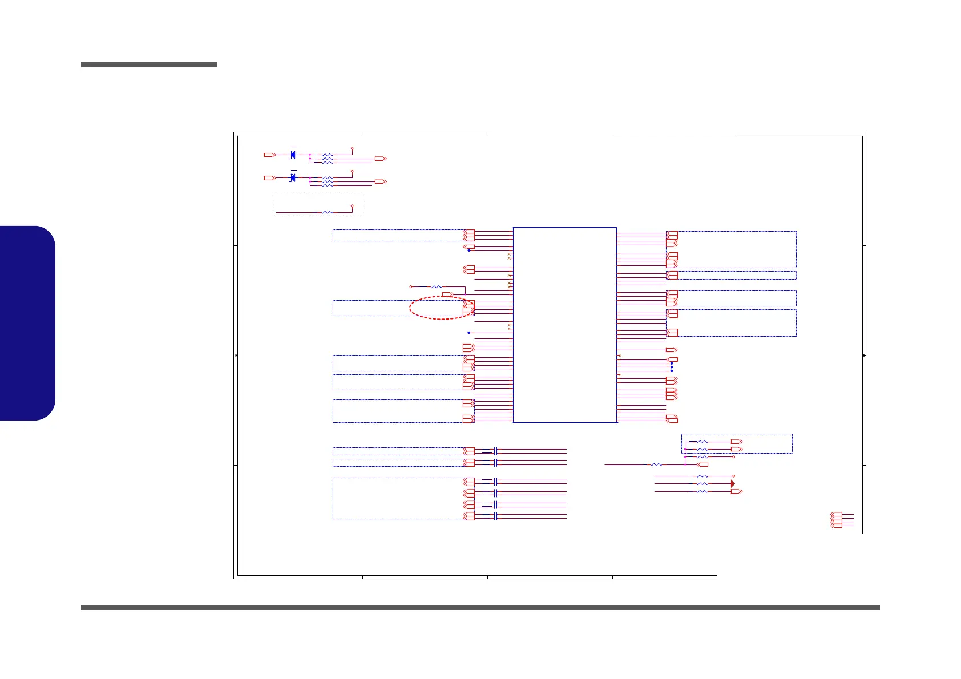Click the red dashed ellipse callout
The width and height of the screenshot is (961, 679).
[x=441, y=308]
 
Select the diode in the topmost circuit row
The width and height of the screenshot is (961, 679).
[x=293, y=155]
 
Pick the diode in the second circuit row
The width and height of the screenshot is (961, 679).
[x=293, y=177]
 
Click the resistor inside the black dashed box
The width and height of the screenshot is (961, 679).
[x=328, y=212]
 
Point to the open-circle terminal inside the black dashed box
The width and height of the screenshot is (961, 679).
[x=352, y=205]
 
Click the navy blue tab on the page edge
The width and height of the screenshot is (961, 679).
[x=27, y=323]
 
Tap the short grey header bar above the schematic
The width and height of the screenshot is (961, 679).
[x=149, y=64]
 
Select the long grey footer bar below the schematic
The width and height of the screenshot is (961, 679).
[x=480, y=608]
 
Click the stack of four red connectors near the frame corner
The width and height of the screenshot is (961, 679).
[x=836, y=520]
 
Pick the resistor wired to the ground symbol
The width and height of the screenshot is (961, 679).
[x=702, y=483]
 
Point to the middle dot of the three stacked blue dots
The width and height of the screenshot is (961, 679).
[x=672, y=367]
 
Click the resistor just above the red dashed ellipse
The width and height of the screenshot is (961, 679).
[x=435, y=286]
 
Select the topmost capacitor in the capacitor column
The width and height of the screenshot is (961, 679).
[x=495, y=451]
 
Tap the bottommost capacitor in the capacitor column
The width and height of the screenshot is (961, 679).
[x=495, y=516]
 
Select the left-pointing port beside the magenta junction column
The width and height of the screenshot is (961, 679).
[x=702, y=464]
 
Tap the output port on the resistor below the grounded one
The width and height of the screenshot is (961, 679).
[x=737, y=491]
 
